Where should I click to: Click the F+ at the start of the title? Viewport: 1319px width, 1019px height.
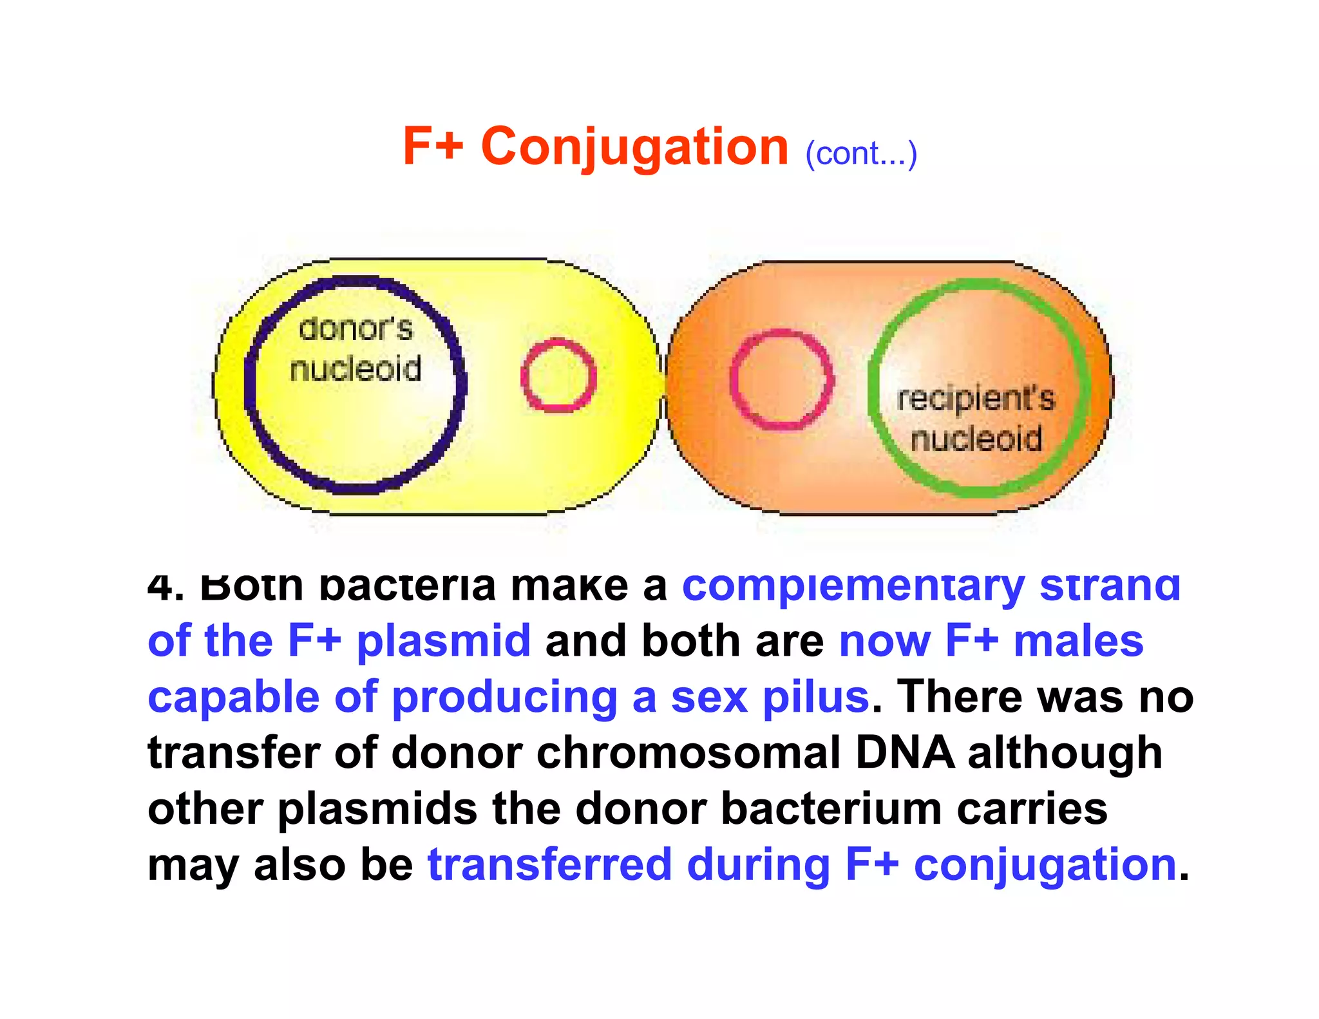pyautogui.click(x=433, y=147)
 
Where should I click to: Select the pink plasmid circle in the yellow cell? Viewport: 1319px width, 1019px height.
pyautogui.click(x=558, y=376)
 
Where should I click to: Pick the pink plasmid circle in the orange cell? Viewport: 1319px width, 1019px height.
pyautogui.click(x=781, y=379)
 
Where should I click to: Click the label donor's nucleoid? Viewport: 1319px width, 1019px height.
pyautogui.click(x=356, y=349)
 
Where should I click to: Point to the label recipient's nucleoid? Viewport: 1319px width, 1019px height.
pyautogui.click(x=976, y=419)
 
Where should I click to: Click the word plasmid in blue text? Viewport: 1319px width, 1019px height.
pyautogui.click(x=444, y=642)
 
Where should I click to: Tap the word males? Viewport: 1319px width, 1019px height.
pyautogui.click(x=1079, y=642)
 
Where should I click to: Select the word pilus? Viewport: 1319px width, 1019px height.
pyautogui.click(x=816, y=698)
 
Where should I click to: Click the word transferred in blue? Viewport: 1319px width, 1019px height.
pyautogui.click(x=550, y=864)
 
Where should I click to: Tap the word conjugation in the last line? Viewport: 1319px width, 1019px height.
pyautogui.click(x=1045, y=866)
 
